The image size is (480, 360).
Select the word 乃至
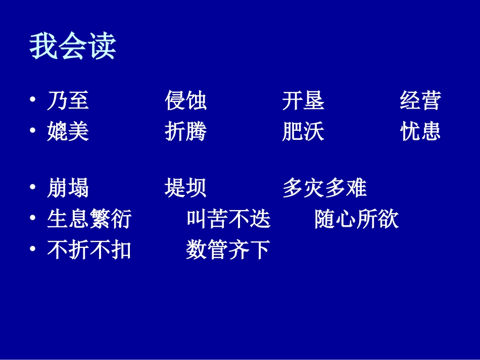click(68, 100)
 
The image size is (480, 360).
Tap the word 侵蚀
click(185, 100)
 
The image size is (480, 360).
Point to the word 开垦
click(303, 100)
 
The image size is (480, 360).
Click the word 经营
click(420, 100)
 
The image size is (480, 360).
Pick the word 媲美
click(68, 131)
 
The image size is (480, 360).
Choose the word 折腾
click(185, 131)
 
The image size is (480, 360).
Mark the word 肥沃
click(303, 131)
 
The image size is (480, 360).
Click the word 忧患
click(420, 131)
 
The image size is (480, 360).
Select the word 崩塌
click(68, 188)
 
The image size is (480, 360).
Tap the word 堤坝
click(185, 188)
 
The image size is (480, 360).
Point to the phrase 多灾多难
click(324, 188)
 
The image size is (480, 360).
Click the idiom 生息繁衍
click(89, 219)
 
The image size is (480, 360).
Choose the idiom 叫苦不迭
click(228, 219)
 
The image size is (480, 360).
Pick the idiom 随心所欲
click(356, 219)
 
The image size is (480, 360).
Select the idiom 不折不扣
click(89, 249)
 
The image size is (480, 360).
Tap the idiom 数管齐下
click(228, 249)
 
